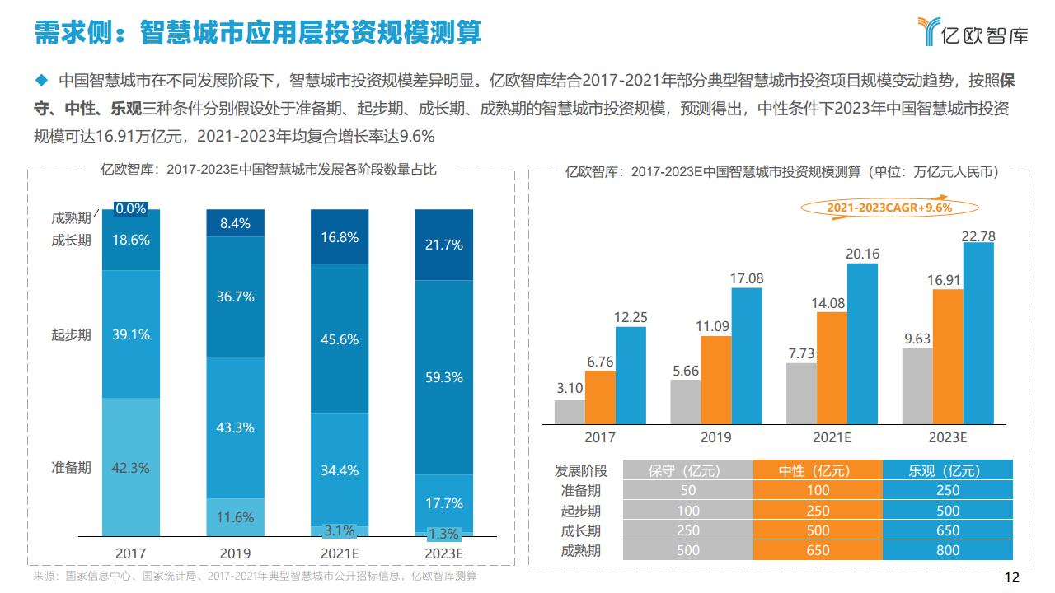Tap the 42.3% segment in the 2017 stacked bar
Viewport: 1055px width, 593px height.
[130, 466]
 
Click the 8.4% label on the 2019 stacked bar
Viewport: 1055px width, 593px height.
[235, 223]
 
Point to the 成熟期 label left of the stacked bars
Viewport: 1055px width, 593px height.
[71, 218]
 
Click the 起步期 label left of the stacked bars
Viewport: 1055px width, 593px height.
[71, 334]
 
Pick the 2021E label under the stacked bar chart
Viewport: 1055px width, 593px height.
[340, 553]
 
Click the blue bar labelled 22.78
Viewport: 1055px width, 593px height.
[978, 333]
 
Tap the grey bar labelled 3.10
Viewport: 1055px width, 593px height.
[570, 411]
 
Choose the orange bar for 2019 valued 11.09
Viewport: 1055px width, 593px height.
[716, 379]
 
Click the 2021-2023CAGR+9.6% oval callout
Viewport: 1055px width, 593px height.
[889, 208]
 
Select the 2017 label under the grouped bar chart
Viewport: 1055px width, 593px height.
[599, 437]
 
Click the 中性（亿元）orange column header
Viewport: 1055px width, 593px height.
[818, 470]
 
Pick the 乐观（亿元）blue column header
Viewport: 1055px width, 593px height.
[947, 470]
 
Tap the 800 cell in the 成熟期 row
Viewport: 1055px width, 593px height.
[947, 550]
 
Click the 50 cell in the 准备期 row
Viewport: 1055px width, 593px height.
[687, 490]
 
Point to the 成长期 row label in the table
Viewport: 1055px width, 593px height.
[581, 530]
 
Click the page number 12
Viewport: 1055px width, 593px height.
[1013, 577]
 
